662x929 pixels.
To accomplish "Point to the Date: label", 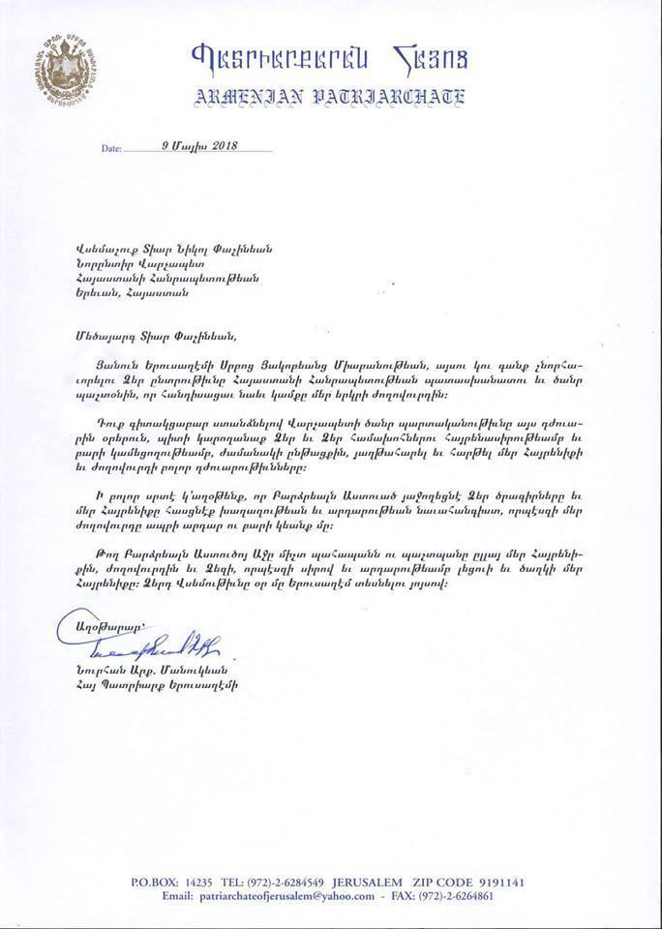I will point(111,149).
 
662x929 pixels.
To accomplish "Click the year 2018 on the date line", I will point(221,145).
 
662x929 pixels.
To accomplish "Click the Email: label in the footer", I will point(172,896).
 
